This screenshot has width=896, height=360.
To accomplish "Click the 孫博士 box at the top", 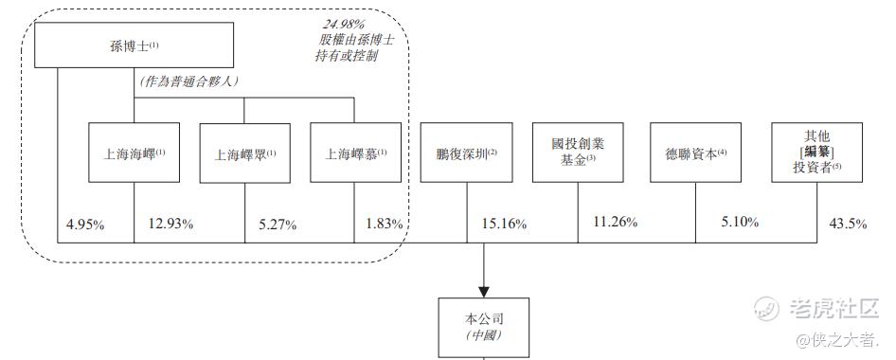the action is (x=134, y=45).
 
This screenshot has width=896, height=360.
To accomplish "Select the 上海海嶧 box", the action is (x=134, y=153).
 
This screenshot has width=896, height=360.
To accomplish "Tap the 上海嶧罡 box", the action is (x=244, y=153).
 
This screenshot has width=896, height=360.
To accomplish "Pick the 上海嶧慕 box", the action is (x=355, y=153).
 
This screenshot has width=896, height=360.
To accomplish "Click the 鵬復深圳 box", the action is (x=466, y=153).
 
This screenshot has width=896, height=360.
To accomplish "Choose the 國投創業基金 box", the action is (x=578, y=153).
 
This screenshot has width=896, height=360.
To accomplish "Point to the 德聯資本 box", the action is (x=695, y=153).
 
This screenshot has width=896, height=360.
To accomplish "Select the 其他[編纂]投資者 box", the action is (x=817, y=153).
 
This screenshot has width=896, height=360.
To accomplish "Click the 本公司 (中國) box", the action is (x=483, y=328).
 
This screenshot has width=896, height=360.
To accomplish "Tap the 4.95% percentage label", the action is (x=85, y=225).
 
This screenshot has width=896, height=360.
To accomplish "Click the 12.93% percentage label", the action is (x=170, y=224).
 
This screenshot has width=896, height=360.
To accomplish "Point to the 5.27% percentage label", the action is (x=278, y=225).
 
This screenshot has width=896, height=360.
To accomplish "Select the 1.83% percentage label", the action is (x=384, y=224).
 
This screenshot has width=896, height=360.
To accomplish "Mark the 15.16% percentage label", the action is (x=504, y=225).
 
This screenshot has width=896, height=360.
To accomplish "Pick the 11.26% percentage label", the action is (x=615, y=222).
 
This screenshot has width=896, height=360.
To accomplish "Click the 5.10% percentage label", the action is (x=740, y=222).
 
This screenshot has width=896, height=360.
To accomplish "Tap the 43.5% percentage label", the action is (x=848, y=224).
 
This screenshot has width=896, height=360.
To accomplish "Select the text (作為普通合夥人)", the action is (x=189, y=81).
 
